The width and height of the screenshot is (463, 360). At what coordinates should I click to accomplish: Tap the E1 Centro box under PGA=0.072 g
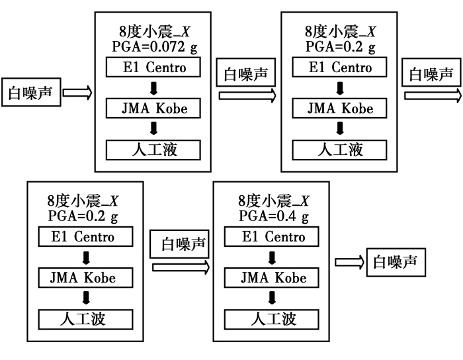[x=153, y=67]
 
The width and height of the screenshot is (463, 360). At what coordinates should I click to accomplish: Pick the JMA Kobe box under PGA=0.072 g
[x=153, y=108]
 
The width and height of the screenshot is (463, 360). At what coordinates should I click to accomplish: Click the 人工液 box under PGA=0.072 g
[x=153, y=148]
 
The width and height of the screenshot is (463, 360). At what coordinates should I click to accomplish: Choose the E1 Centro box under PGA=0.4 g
[x=273, y=237]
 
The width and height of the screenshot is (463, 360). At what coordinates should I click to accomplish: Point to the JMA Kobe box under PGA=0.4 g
[x=273, y=278]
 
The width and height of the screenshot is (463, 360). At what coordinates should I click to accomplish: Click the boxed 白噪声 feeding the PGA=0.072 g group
[x=31, y=93]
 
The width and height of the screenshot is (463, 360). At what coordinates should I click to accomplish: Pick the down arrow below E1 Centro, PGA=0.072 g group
[x=153, y=87]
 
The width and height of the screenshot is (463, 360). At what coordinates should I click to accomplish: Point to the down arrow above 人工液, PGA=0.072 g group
[x=153, y=128]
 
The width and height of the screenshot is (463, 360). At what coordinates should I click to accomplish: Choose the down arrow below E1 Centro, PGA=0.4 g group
[x=273, y=257]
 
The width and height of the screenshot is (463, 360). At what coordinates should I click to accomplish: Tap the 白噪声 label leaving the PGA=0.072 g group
[x=246, y=74]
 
